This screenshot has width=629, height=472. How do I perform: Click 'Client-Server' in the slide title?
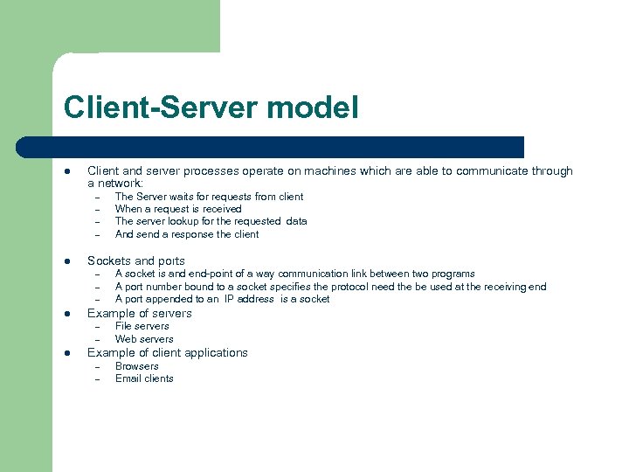point(155,108)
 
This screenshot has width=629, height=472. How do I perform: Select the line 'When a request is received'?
point(178,209)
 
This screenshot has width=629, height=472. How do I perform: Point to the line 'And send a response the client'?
point(187,234)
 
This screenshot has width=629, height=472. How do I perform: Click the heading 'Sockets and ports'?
point(136,260)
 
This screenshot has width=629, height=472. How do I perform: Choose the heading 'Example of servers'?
point(140,313)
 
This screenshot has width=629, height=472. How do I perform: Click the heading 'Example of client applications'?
point(168,352)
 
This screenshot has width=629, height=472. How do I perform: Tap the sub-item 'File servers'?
point(142,326)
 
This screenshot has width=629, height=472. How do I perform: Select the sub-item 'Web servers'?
point(144,339)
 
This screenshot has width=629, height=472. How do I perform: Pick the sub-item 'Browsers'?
point(137,366)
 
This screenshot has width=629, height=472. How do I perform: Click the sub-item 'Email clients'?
point(144,378)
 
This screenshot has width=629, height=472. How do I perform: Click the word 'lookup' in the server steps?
point(190,221)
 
